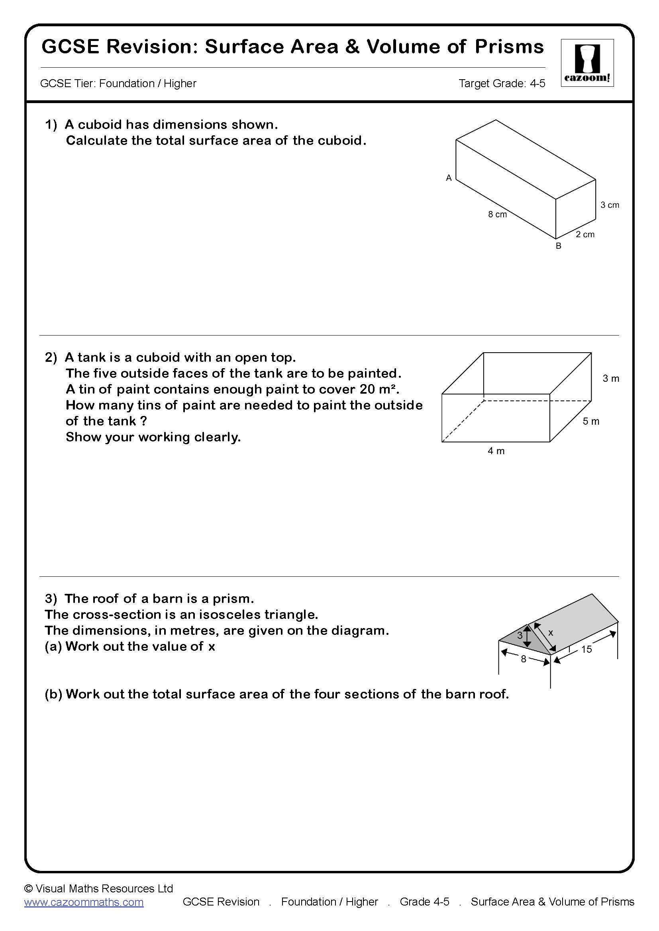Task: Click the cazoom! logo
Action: tap(587, 63)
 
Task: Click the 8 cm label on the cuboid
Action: tap(497, 214)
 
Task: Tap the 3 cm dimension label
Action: tap(610, 205)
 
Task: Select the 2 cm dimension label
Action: tap(585, 234)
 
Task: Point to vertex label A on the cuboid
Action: tap(448, 178)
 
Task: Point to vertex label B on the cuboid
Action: tap(558, 246)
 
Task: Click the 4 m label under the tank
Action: tap(496, 451)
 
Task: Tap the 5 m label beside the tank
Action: tap(591, 421)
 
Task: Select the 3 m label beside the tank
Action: tap(610, 378)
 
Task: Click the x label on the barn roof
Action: tap(551, 632)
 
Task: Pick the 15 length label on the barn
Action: tap(586, 649)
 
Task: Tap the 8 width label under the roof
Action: tap(523, 659)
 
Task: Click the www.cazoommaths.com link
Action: tap(84, 913)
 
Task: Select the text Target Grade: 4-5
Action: tap(502, 84)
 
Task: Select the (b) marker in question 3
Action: tap(53, 694)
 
